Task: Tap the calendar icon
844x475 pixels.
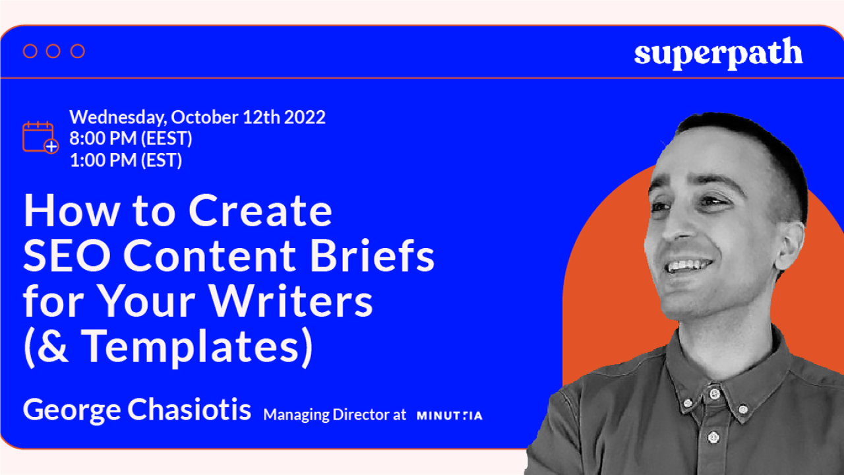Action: [x=40, y=137]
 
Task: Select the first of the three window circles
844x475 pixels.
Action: [x=30, y=51]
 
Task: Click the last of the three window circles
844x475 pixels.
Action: [x=78, y=51]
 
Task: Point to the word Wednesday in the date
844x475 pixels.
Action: [x=117, y=117]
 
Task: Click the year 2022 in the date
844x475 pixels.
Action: [x=305, y=117]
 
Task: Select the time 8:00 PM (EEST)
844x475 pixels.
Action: [x=131, y=139]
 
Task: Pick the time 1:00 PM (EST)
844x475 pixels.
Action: [x=125, y=160]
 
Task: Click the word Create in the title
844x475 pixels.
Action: [x=260, y=211]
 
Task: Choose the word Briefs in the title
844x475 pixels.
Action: [x=379, y=256]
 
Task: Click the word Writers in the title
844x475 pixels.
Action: [x=291, y=301]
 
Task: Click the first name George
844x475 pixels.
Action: [x=72, y=410]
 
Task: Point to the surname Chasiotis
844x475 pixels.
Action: [x=189, y=410]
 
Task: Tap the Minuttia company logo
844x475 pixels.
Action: [x=449, y=416]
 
